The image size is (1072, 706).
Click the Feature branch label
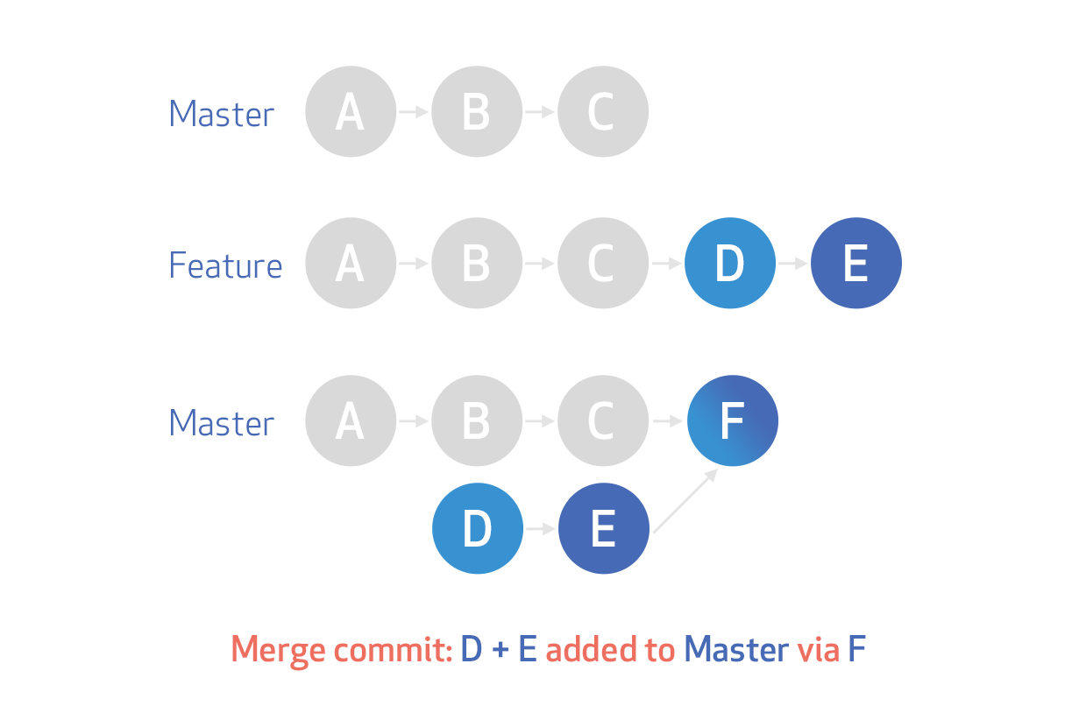click(225, 265)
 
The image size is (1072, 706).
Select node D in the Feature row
click(730, 264)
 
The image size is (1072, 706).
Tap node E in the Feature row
click(855, 264)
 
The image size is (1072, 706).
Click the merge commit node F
click(732, 421)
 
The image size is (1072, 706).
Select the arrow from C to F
click(668, 421)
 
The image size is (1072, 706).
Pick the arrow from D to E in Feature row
click(793, 264)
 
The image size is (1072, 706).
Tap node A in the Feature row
click(350, 264)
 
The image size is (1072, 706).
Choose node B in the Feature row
click(476, 264)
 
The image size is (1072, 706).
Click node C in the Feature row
click(602, 264)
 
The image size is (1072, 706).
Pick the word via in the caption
click(819, 650)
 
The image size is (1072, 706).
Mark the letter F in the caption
click(857, 650)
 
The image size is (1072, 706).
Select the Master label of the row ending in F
click(222, 423)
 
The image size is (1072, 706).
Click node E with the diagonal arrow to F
click(603, 528)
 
